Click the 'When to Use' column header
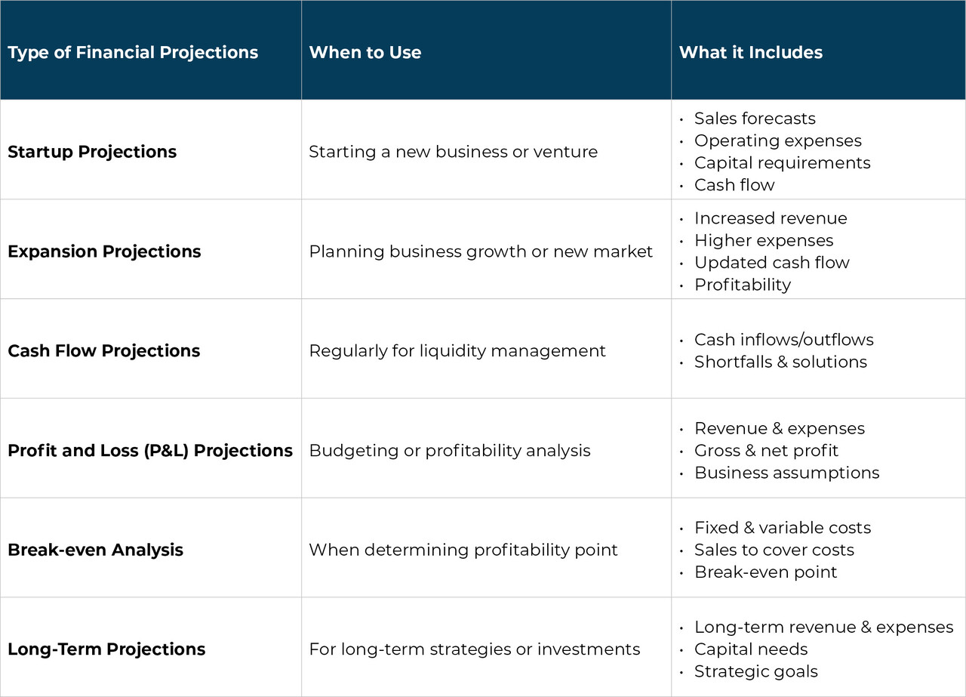(x=365, y=52)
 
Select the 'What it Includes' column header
(x=750, y=52)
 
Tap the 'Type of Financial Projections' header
(x=133, y=52)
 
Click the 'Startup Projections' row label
(x=92, y=151)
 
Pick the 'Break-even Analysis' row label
(x=95, y=550)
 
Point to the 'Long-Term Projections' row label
(x=106, y=649)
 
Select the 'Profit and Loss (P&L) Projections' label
(x=150, y=450)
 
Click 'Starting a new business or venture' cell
(x=453, y=151)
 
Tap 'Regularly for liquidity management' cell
(x=457, y=350)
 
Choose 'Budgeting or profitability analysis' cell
(x=450, y=450)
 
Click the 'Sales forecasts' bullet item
(x=755, y=119)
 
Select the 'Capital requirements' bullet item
(x=782, y=162)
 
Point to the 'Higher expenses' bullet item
(x=764, y=240)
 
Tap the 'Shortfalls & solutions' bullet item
(x=780, y=362)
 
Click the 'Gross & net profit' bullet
(x=766, y=450)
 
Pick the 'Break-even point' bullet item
(x=765, y=572)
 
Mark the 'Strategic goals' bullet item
(x=755, y=671)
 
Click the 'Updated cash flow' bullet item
(x=771, y=262)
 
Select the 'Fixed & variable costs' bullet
(x=782, y=528)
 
